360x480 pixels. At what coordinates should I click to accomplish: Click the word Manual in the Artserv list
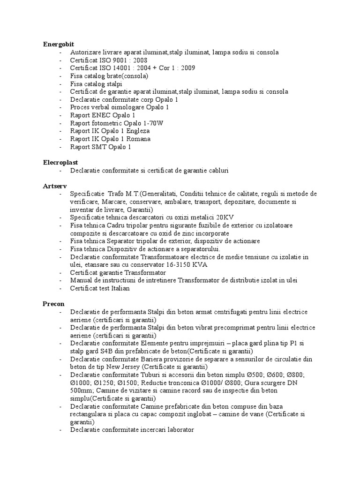point(81,280)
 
